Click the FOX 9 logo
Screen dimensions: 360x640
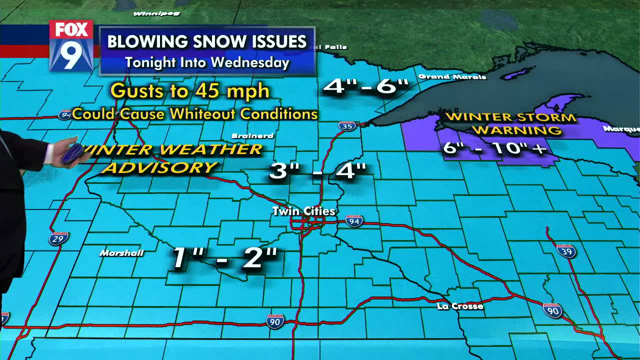[71, 45]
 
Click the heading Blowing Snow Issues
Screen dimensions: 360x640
[207, 41]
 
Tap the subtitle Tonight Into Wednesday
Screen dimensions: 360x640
[207, 62]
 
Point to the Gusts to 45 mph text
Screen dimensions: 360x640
[190, 91]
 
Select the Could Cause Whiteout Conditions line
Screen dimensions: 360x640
[195, 114]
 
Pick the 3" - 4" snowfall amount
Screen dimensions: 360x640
[318, 171]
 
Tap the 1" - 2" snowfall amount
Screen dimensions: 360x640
[224, 257]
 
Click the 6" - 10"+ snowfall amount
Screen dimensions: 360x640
[494, 148]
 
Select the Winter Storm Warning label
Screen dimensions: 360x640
[510, 123]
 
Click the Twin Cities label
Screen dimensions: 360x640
[303, 211]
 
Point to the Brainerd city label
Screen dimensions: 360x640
[252, 136]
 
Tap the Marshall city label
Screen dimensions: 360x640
[121, 253]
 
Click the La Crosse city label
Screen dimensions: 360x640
[459, 306]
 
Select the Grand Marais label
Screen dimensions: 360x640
[452, 77]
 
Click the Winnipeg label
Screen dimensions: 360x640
[149, 13]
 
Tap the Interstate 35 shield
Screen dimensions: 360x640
[347, 126]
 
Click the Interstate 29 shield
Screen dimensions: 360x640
[58, 238]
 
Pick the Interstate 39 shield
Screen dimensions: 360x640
[566, 250]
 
